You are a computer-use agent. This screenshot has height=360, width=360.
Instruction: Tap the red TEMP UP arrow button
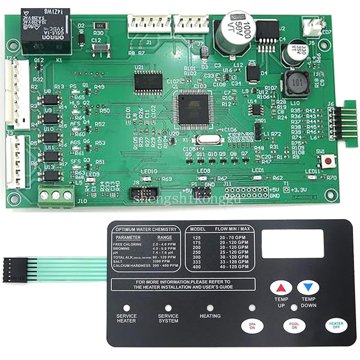281,288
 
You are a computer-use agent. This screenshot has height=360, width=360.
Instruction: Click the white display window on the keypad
292,243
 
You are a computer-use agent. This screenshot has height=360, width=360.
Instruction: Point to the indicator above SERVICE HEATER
126,308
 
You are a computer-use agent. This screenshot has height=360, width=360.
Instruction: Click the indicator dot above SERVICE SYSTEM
168,308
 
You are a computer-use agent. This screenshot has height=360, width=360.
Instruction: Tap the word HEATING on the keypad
210,316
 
